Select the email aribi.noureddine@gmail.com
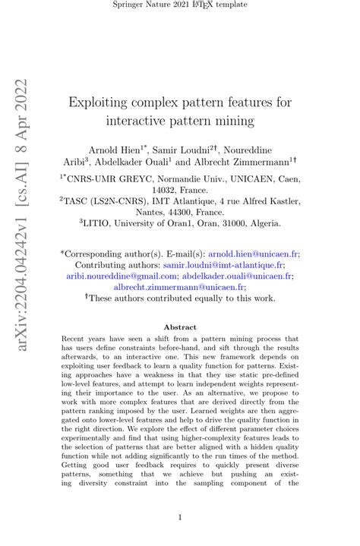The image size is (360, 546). click(130, 277)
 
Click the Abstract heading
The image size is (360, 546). click(180, 327)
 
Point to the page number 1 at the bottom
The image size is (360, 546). click(180, 518)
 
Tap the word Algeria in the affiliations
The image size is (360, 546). click(262, 225)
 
